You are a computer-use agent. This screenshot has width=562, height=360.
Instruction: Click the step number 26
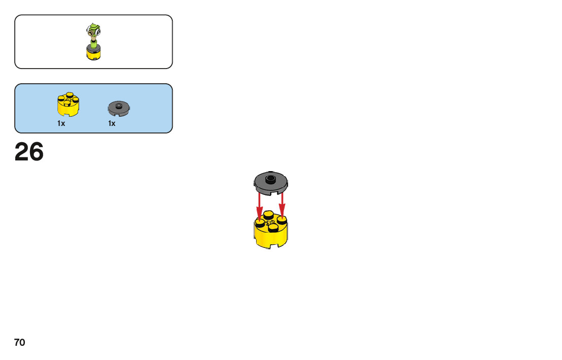[x=29, y=152]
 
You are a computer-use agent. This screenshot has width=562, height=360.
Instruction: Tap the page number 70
[x=19, y=343]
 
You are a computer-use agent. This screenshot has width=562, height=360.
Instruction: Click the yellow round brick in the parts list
[x=68, y=105]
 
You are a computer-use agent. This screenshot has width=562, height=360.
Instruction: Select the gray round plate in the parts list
[x=119, y=108]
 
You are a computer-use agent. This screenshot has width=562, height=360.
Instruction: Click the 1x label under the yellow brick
[x=61, y=123]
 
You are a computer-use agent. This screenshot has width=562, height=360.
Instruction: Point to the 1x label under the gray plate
[x=112, y=123]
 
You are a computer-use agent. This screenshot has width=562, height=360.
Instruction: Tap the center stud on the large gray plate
[x=271, y=178]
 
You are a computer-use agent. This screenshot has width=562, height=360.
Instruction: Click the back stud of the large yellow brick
[x=269, y=214]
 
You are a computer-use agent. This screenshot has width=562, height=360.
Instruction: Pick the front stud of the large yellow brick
[x=273, y=228]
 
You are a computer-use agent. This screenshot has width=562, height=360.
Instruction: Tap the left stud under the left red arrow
[x=260, y=222]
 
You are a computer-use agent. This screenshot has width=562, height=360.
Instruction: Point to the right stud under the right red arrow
[x=282, y=220]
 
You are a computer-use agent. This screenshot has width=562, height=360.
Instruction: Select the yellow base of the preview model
[x=93, y=54]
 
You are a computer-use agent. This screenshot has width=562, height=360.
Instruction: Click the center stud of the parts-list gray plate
[x=119, y=106]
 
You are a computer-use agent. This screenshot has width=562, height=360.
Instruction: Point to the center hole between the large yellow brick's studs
[x=270, y=222]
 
